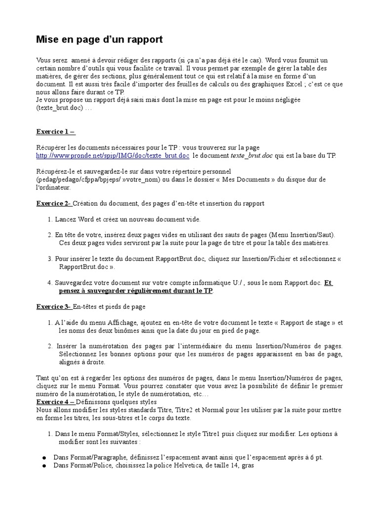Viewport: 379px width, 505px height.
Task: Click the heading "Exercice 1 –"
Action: [x=56, y=132]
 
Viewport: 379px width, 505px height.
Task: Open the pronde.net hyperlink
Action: [x=113, y=156]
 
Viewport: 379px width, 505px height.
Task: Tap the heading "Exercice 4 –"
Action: [x=56, y=402]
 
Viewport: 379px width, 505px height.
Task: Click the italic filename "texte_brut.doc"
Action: [x=252, y=156]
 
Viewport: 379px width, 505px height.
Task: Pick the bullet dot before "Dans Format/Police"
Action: [x=44, y=466]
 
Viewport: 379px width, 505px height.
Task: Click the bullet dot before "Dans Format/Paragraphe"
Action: [x=44, y=458]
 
